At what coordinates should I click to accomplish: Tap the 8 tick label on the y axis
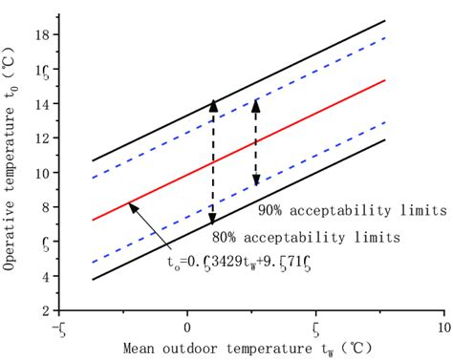click(x=45, y=207)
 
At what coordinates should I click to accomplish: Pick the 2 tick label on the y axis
click(x=45, y=310)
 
